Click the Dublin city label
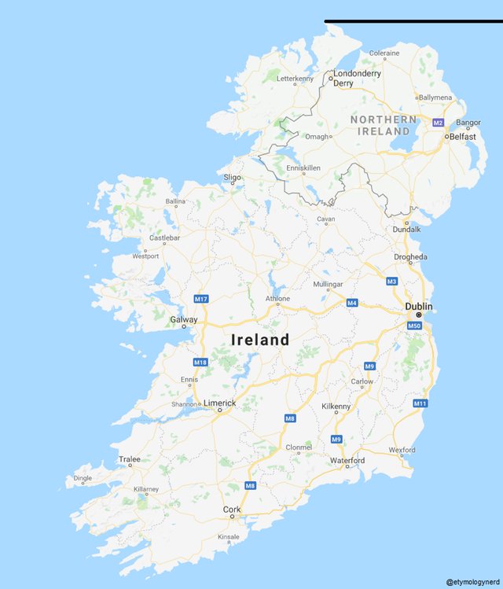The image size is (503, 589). point(419,306)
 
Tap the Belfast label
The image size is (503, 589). point(462,136)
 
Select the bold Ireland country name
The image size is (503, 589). point(259,340)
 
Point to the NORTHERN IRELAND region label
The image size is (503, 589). point(384,125)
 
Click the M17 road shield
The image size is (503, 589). point(200,299)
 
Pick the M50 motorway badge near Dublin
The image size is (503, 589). point(415,326)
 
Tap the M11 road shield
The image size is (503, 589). point(420,403)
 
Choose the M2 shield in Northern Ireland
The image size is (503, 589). point(438,123)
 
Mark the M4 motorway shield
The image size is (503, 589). point(352,303)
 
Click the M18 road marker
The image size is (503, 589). point(200,362)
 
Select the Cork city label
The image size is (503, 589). point(232,510)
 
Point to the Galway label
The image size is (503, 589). point(184,319)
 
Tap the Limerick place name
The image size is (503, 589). point(219,403)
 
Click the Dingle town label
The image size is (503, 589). point(83,478)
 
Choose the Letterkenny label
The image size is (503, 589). point(295,79)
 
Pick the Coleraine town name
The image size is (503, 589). point(384,53)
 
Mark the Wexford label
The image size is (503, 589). point(402,450)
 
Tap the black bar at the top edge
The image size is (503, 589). point(413,21)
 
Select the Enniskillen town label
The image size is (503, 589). point(303,168)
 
